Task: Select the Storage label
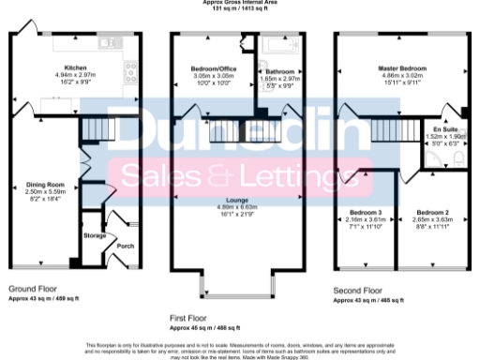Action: [96, 236]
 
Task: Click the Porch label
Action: [124, 247]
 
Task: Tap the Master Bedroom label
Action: [402, 68]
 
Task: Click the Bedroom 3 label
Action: [362, 212]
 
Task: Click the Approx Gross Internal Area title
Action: [239, 3]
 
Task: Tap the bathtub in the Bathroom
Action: [280, 45]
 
